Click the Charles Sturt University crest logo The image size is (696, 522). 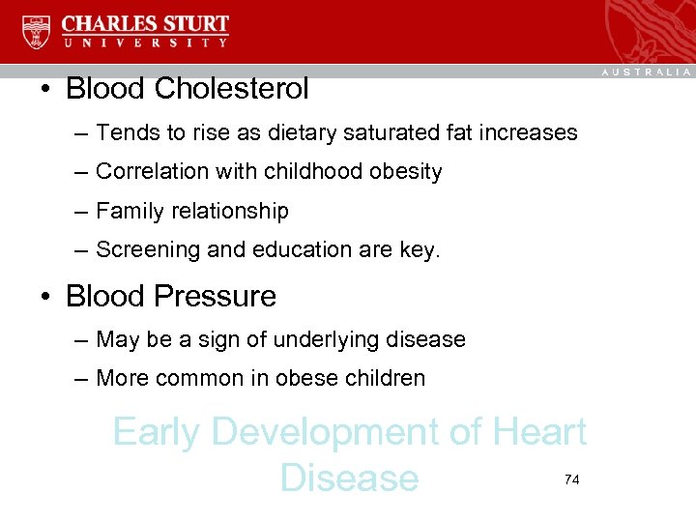coord(36,31)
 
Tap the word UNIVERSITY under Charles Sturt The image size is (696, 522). coord(146,43)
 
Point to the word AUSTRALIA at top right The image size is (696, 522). coord(647,72)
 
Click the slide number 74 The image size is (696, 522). coord(571,479)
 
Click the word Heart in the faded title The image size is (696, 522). coord(539,432)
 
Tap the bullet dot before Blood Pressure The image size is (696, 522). coord(46,296)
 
